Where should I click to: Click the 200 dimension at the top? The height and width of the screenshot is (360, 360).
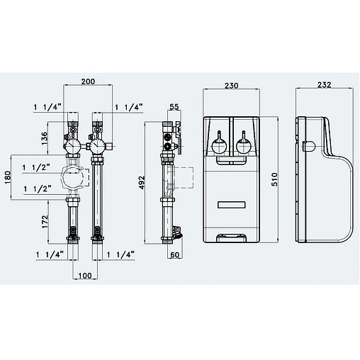point(88,82)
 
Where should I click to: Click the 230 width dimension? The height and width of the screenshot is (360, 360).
point(231,86)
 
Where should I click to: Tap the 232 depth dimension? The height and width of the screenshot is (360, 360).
point(325,86)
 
